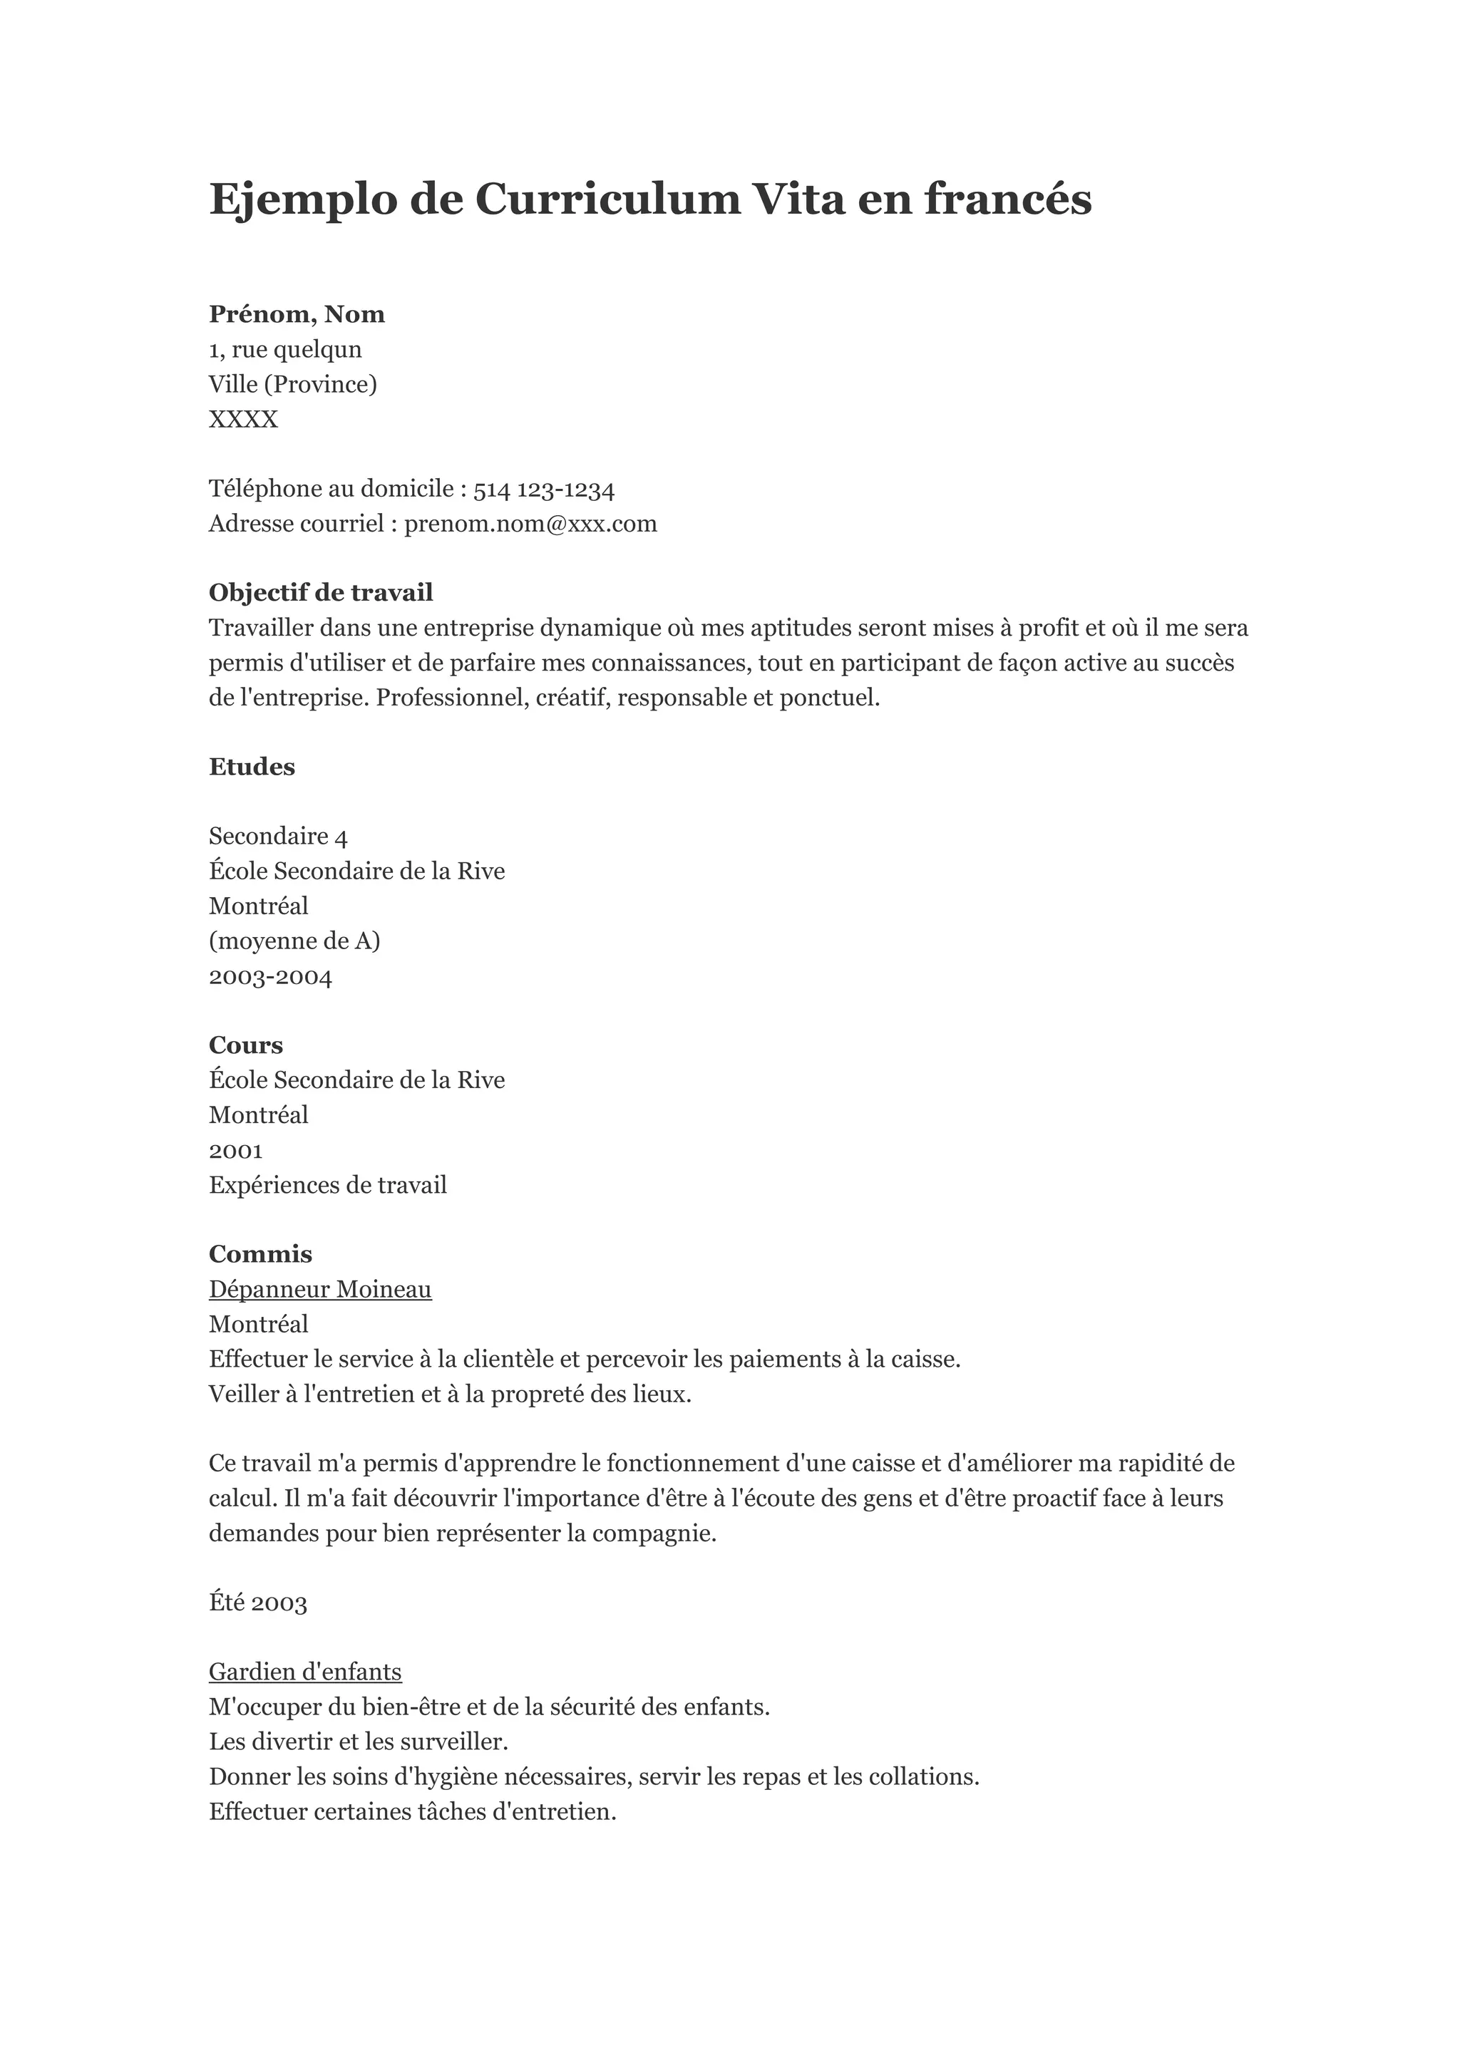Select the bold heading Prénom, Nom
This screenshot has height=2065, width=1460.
click(x=297, y=314)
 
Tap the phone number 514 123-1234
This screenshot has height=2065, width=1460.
click(x=543, y=490)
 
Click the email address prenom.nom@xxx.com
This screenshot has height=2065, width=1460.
click(x=530, y=524)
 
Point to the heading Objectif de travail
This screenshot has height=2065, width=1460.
click(x=320, y=593)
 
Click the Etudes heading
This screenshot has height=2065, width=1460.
click(x=252, y=767)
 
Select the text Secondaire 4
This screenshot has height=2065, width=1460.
click(x=278, y=837)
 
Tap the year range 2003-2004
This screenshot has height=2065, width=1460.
click(x=270, y=977)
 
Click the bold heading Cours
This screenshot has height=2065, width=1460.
click(x=245, y=1045)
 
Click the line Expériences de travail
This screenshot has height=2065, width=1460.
click(x=327, y=1186)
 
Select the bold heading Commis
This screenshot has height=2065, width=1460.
click(x=260, y=1255)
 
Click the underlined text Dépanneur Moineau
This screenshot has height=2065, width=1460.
click(x=320, y=1290)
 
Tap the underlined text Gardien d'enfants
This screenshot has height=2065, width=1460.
click(x=305, y=1672)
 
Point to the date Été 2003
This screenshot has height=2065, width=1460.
click(x=258, y=1603)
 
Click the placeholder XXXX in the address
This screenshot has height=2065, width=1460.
click(x=243, y=419)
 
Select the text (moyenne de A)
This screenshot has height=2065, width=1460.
click(x=294, y=942)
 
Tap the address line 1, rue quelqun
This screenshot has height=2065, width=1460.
click(x=285, y=349)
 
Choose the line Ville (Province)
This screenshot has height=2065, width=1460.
click(x=292, y=384)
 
